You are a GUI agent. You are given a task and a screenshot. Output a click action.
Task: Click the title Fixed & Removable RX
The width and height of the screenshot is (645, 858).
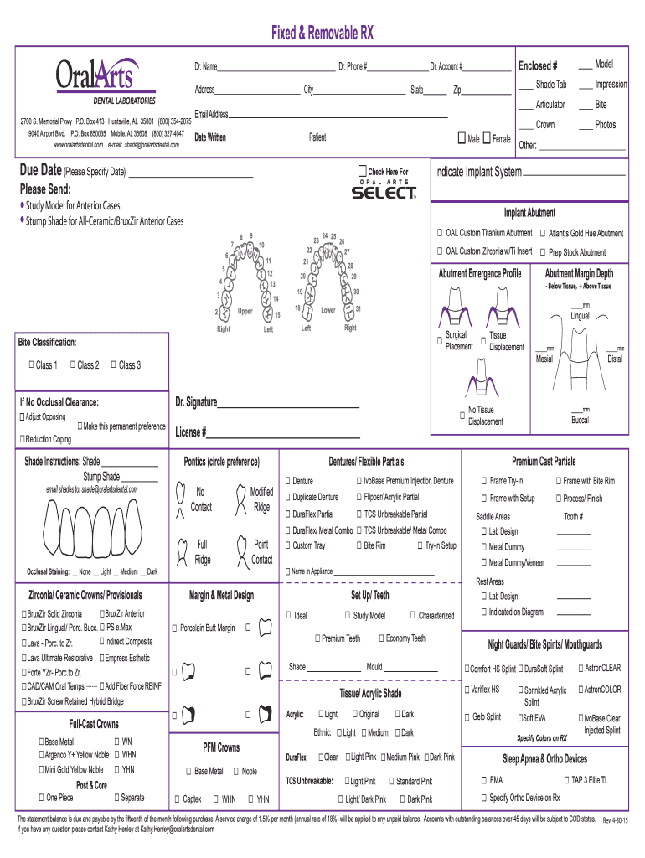tap(322, 34)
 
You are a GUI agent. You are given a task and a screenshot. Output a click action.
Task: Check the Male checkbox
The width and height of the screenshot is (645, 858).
tap(461, 137)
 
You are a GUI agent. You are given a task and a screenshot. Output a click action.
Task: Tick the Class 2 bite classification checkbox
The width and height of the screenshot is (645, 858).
tap(74, 364)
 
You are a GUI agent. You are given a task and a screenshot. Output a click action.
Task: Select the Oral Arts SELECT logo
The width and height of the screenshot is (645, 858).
tap(383, 191)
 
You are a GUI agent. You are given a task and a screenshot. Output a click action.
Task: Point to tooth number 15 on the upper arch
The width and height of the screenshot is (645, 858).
tap(276, 314)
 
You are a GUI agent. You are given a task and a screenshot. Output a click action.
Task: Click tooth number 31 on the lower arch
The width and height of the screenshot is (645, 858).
tap(359, 309)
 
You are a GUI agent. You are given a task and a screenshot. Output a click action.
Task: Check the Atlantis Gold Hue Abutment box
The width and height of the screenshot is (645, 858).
tap(544, 233)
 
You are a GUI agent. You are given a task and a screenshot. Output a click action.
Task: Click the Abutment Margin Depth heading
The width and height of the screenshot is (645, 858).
tap(579, 273)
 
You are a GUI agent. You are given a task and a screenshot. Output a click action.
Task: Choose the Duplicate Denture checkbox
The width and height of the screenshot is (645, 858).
tap(287, 498)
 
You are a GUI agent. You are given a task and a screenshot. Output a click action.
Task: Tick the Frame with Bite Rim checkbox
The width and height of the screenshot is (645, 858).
tap(557, 481)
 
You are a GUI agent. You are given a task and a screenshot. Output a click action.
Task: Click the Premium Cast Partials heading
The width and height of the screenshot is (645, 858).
tap(544, 462)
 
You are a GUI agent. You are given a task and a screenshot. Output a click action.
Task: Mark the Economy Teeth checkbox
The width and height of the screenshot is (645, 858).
tap(382, 638)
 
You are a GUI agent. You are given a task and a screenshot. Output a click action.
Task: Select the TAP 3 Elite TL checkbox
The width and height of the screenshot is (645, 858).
tap(565, 780)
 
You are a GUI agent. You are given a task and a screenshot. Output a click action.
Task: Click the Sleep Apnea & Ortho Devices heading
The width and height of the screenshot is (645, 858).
tap(544, 758)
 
